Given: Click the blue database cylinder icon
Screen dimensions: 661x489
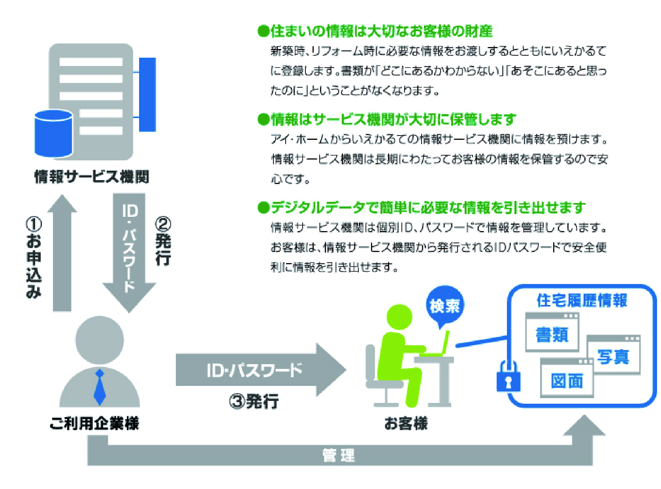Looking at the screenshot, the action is coord(54,134).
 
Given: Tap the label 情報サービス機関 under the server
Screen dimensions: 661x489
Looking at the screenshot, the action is coord(92,177).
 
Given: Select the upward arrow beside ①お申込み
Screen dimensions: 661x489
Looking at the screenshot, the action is coord(62,253).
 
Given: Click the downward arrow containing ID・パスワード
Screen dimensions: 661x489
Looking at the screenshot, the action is coord(129,253).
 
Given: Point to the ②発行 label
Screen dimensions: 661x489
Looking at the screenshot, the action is coord(163,241).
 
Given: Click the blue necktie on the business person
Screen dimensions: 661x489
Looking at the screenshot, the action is coord(100,387).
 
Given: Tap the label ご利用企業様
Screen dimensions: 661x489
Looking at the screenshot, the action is coord(94,423).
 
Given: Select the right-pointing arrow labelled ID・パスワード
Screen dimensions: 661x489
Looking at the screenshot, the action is coord(261,369).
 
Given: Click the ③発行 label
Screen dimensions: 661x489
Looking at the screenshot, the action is coord(254,401).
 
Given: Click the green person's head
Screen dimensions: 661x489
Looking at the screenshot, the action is coord(399,317).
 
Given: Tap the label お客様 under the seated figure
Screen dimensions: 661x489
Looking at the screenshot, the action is coord(406,423).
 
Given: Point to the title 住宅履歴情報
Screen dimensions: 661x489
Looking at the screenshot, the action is coord(582,300).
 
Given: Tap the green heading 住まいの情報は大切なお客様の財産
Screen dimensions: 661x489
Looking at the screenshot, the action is coord(375,31).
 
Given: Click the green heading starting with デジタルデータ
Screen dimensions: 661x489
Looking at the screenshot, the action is coord(422,208).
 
